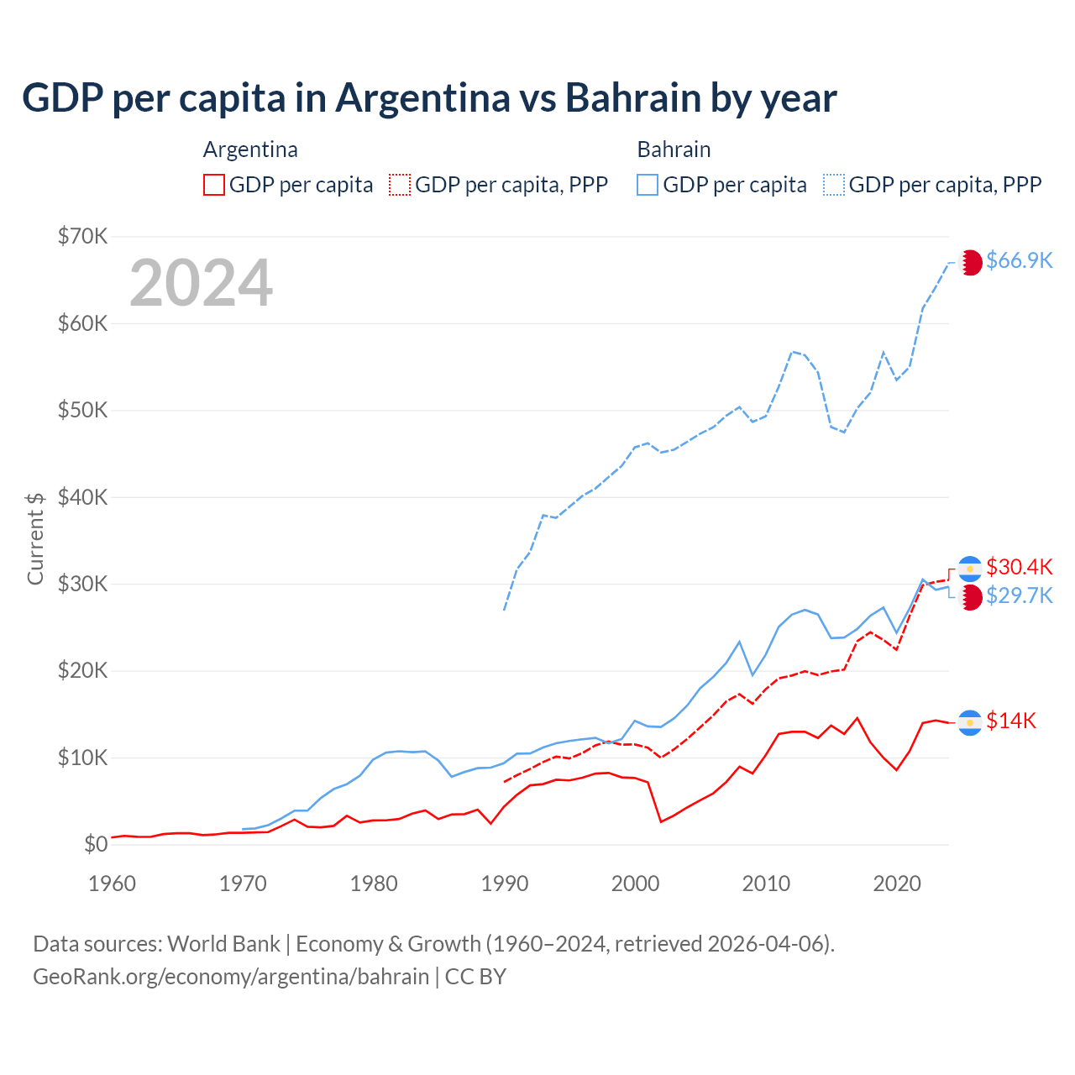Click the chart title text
[x=429, y=98]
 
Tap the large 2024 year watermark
[x=201, y=283]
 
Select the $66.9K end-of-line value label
[x=1019, y=260]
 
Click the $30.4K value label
[x=1019, y=567]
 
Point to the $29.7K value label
[x=1019, y=595]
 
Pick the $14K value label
[x=1011, y=721]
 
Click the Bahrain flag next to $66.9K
[x=970, y=262]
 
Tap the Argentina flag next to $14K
[x=970, y=722]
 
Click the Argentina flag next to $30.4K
[x=970, y=569]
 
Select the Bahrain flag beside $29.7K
[x=970, y=598]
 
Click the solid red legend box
[x=214, y=185]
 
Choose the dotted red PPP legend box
[x=400, y=185]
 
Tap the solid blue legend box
[x=648, y=185]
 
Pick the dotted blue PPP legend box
[x=834, y=185]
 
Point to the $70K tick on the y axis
[x=82, y=236]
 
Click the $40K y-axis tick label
[x=82, y=497]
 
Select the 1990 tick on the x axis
[x=505, y=884]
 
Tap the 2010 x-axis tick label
[x=766, y=884]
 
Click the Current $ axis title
[x=35, y=538]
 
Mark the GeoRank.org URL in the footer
[x=231, y=977]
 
